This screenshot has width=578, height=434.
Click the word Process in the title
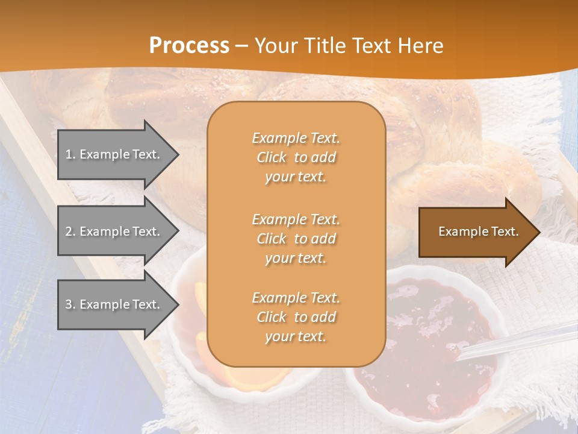pyautogui.click(x=189, y=46)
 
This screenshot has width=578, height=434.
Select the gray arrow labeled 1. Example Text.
pyautogui.click(x=114, y=154)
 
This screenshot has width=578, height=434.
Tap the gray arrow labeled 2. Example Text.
pyautogui.click(x=114, y=231)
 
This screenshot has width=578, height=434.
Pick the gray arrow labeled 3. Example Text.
pyautogui.click(x=114, y=304)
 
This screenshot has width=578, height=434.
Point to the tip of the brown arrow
pyautogui.click(x=538, y=232)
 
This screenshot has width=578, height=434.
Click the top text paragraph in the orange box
pyautogui.click(x=296, y=157)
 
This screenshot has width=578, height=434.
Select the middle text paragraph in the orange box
pyautogui.click(x=296, y=239)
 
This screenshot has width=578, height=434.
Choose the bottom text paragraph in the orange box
pyautogui.click(x=296, y=317)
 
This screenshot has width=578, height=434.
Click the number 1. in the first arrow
pyautogui.click(x=70, y=154)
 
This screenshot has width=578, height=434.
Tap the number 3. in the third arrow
pyautogui.click(x=70, y=304)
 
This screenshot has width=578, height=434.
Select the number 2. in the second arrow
pyautogui.click(x=70, y=231)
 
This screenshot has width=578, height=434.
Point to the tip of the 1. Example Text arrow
pyautogui.click(x=178, y=155)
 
